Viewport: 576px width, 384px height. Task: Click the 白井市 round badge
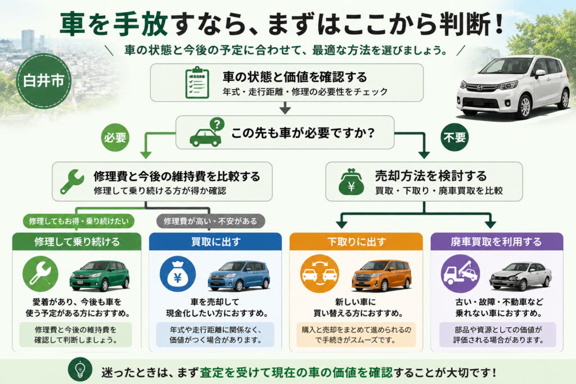[x=44, y=81]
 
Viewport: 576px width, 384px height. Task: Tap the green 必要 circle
[x=115, y=137]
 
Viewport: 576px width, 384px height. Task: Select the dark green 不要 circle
[x=454, y=137]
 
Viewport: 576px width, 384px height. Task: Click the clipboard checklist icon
[x=197, y=83]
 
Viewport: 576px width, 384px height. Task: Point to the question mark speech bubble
[x=217, y=124]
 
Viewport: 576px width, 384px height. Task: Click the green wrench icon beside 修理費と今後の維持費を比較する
[x=72, y=182]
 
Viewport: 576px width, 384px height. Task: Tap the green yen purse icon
[x=351, y=182]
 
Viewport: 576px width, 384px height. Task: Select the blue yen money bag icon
[x=178, y=274]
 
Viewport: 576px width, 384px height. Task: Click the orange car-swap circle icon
[x=319, y=274]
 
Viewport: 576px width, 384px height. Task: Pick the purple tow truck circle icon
[x=460, y=274]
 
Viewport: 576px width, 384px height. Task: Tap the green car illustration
[x=100, y=275]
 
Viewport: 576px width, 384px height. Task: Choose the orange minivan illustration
[x=382, y=275]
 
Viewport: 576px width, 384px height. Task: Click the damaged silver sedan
[x=520, y=276]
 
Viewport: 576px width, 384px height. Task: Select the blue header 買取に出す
[x=215, y=242]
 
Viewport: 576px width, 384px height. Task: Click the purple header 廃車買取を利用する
[x=497, y=242]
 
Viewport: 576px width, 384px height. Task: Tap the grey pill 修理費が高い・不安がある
[x=210, y=221]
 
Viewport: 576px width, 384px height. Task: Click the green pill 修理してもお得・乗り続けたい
[x=79, y=221]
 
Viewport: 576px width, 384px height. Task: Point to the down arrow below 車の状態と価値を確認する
[x=285, y=107]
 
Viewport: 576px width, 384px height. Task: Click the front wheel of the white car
[x=525, y=106]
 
